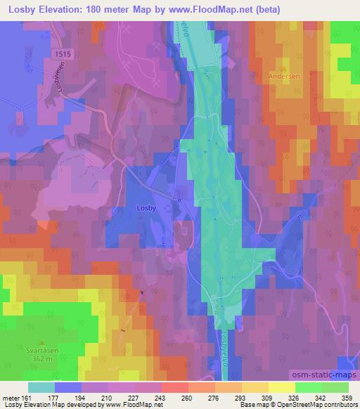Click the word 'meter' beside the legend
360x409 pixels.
(11, 398)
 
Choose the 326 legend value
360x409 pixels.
(282, 398)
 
